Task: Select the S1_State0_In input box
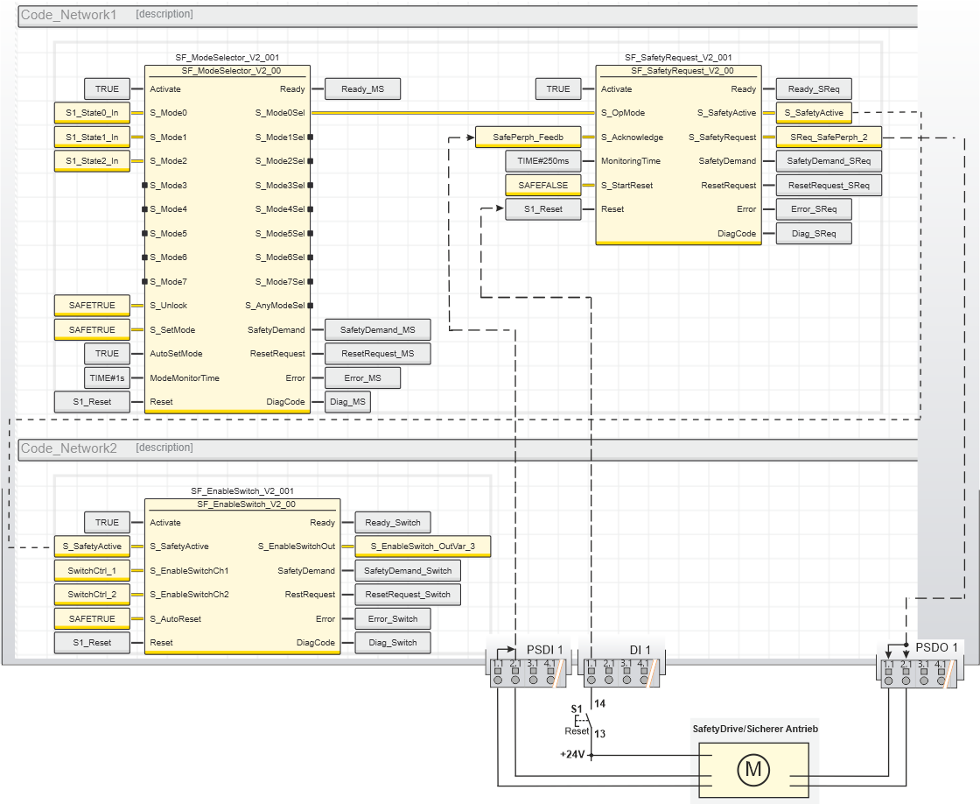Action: (92, 112)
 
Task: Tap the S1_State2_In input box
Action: (92, 160)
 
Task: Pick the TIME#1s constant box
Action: (107, 377)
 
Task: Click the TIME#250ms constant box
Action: (542, 160)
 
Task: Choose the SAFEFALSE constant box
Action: (542, 185)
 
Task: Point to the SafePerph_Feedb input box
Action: (528, 137)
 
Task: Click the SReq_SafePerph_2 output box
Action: (828, 137)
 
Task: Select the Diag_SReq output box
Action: (813, 233)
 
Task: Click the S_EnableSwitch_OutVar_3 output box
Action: (422, 547)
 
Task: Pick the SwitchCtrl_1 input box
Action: (92, 570)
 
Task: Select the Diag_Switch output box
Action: (393, 642)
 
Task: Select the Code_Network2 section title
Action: (69, 448)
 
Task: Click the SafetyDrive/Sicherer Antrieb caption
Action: (755, 729)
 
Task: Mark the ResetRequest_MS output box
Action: (377, 353)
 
